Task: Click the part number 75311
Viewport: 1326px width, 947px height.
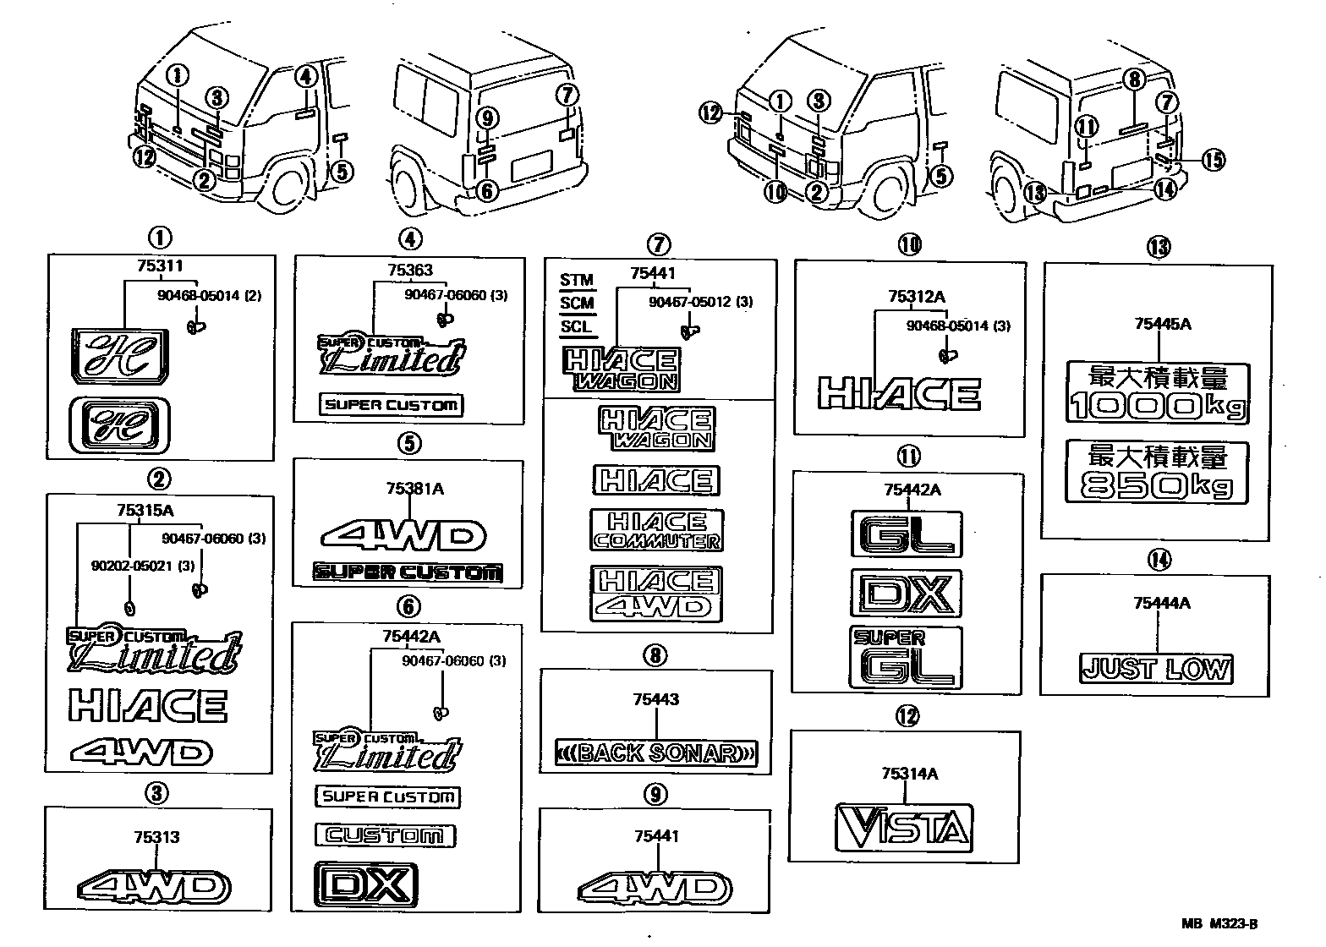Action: (x=159, y=266)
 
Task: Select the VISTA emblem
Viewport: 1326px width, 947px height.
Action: (x=902, y=826)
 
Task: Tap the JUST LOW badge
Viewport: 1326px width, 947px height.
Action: (x=1156, y=669)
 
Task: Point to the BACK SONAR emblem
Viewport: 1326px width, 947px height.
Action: (x=656, y=752)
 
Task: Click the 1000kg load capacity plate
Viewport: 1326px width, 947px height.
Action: (x=1157, y=393)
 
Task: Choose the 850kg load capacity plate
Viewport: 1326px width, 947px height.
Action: (x=1157, y=472)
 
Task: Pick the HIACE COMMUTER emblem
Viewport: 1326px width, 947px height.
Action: (x=657, y=530)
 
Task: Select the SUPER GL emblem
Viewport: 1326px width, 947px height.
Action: (x=905, y=656)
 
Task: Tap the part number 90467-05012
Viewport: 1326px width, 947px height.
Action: (x=689, y=302)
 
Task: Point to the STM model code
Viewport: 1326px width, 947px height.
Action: (x=577, y=280)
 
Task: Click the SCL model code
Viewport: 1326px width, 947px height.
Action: (x=577, y=326)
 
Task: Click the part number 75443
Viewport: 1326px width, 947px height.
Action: (x=655, y=699)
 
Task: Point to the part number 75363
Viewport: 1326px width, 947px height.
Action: (x=410, y=271)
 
